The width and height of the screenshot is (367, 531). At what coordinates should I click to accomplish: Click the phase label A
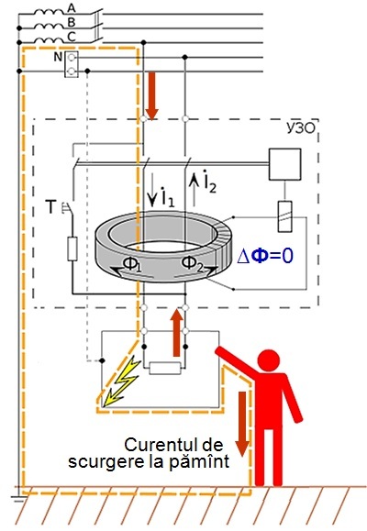point(72,7)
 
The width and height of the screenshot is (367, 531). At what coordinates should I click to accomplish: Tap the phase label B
point(72,22)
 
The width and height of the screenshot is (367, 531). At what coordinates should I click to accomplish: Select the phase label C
point(72,37)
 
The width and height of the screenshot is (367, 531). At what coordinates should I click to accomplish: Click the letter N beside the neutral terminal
point(58,57)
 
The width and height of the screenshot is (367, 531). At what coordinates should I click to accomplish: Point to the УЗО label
point(301,128)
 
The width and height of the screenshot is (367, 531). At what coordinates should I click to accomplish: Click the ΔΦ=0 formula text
point(265,256)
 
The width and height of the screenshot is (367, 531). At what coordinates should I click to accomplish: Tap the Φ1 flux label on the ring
point(131,264)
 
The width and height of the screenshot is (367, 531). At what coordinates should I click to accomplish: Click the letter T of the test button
point(50,207)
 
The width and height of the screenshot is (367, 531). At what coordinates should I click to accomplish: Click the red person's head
point(269,361)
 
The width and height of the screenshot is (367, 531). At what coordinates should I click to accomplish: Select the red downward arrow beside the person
point(242,424)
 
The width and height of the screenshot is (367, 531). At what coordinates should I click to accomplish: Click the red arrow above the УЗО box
point(151,96)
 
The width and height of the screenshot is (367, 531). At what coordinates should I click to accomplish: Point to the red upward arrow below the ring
point(176,333)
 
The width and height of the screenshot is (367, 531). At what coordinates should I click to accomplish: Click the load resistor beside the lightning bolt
point(165,368)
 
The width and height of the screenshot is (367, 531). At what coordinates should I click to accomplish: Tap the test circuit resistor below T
point(72,249)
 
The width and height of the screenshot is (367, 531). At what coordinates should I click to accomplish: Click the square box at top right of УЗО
point(284,164)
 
